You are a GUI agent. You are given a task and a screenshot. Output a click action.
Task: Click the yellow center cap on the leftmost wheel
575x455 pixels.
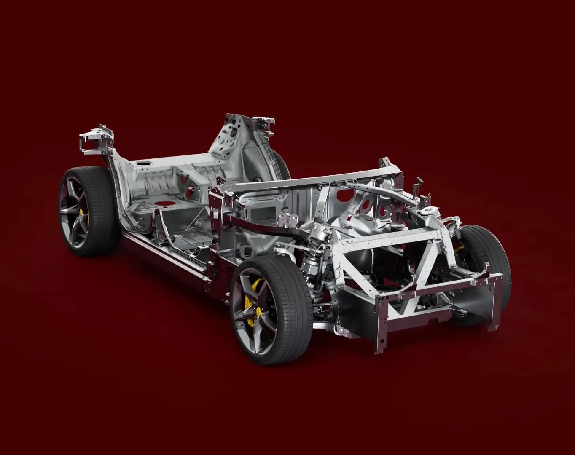(79, 212)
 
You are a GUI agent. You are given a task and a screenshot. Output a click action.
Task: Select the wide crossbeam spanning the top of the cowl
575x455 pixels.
(316, 179)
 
